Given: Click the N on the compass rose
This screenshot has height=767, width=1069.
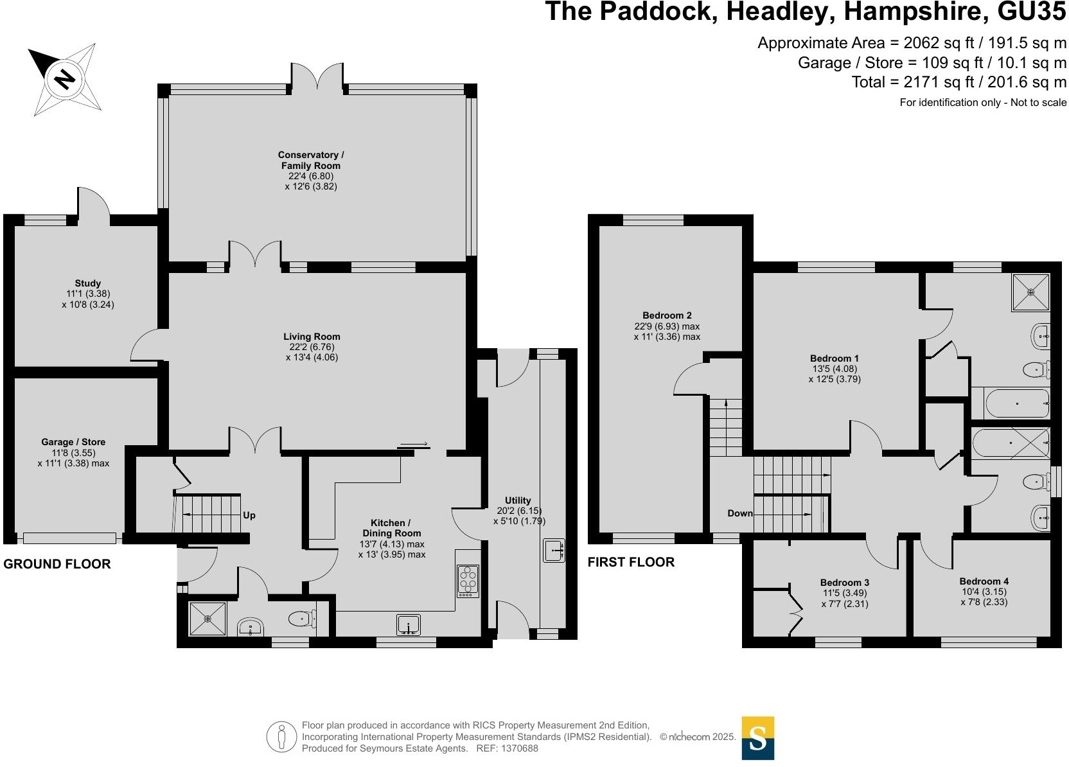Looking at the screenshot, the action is [64, 79].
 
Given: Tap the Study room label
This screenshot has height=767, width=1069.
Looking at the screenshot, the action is [88, 283].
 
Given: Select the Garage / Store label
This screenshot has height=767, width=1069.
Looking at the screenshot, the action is [73, 442].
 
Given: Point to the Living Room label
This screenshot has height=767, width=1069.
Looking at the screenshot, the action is [312, 337].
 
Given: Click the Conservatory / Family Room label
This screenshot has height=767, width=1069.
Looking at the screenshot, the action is [311, 161].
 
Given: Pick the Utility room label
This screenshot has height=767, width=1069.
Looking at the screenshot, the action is [518, 500].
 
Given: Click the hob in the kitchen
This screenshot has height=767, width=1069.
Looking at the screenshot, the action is [468, 581].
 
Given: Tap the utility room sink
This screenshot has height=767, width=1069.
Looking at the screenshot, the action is [554, 551].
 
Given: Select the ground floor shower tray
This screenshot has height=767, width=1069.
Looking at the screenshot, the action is [208, 619].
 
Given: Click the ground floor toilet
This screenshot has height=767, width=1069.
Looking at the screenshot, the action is [302, 619].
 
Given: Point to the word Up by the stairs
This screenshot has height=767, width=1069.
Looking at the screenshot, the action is [249, 515].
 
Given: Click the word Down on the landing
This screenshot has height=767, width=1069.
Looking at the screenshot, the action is [740, 513].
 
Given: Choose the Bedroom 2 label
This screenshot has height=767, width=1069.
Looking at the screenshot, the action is [667, 315].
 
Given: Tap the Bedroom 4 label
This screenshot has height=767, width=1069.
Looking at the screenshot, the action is [984, 581].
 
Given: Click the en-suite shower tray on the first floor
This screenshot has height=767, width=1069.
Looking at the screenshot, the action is [1031, 292].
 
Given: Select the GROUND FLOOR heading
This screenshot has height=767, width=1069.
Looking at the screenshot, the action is [57, 564].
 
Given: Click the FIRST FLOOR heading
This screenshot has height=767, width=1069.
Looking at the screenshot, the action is [631, 562].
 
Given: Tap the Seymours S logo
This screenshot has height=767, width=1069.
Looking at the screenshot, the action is [758, 738].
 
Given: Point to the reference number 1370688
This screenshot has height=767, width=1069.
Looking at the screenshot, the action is [520, 748].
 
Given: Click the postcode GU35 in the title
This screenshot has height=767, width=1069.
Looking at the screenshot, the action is [1032, 12].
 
